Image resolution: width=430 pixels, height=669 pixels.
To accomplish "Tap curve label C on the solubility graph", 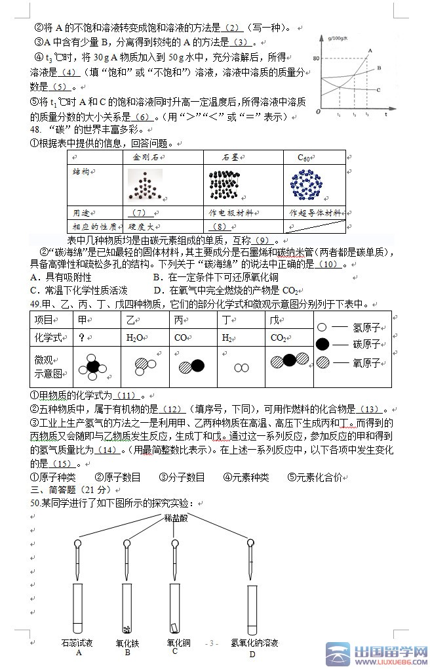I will tap(378, 90).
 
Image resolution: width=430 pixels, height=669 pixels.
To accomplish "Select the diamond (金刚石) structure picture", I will tap(146, 185).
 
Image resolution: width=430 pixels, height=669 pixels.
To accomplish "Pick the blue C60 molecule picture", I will tap(305, 185).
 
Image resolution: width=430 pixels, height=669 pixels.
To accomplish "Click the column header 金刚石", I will tap(146, 158).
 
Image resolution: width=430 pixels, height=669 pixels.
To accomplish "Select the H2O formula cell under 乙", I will tap(135, 337).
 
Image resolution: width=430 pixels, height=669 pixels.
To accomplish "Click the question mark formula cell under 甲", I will tap(82, 337).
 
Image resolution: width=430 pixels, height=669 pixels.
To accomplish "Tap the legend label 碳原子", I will tap(366, 344).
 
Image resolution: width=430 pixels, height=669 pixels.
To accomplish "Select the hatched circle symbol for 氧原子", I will tap(322, 362).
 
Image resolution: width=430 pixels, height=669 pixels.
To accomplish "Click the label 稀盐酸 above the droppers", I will tap(174, 517).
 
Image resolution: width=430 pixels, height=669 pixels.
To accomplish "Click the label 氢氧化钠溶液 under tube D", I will tap(254, 643).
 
